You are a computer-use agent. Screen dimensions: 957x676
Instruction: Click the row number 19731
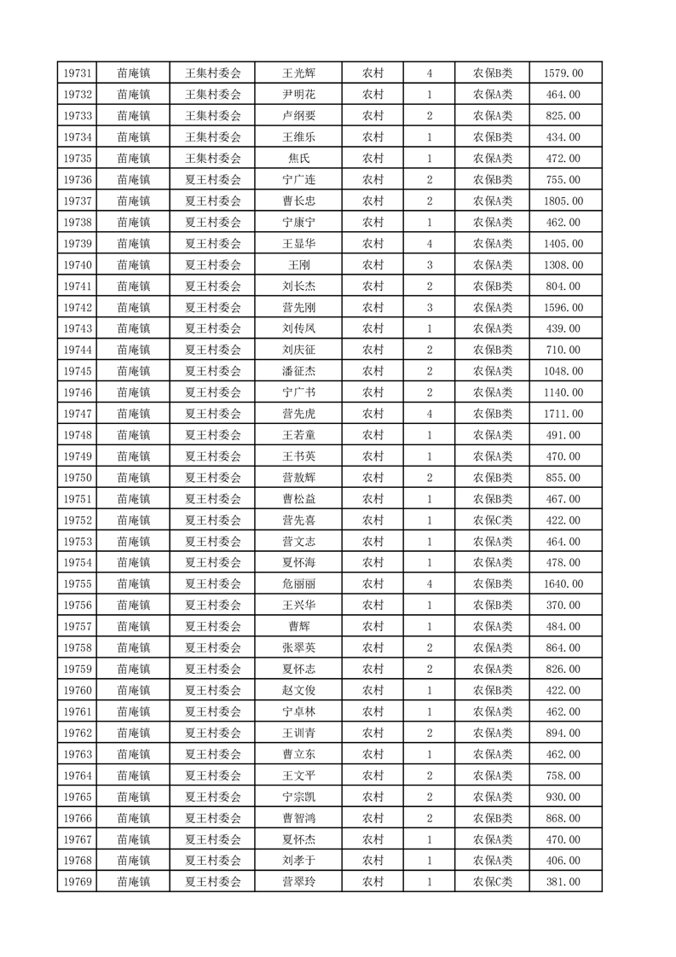[x=77, y=73]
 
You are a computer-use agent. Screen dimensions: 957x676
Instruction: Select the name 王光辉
[x=298, y=73]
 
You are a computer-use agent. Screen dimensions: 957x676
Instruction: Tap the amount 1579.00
[x=563, y=73]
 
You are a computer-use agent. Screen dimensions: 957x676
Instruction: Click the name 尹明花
[x=298, y=95]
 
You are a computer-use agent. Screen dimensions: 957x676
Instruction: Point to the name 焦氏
[x=298, y=159]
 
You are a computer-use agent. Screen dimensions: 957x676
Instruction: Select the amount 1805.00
[x=563, y=201]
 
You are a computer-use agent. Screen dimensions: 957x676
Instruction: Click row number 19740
[x=77, y=265]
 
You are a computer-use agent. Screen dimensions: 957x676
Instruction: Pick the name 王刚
[x=298, y=265]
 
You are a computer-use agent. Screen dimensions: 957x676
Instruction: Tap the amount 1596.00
[x=563, y=308]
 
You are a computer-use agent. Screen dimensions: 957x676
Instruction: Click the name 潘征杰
[x=298, y=371]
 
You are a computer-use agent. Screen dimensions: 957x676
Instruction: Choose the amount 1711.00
[x=563, y=414]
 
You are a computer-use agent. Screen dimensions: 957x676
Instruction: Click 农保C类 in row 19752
[x=493, y=520]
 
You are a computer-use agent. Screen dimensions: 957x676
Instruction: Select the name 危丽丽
[x=298, y=584]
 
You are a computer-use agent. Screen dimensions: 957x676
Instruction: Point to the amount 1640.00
[x=563, y=584]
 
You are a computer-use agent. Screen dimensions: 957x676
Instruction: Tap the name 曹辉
[x=298, y=627]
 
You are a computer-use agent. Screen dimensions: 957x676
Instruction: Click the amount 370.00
[x=563, y=606]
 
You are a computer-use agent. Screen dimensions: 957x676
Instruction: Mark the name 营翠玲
[x=298, y=882]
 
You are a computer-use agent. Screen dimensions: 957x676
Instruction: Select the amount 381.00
[x=563, y=882]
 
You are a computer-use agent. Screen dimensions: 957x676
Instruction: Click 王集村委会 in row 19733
[x=213, y=116]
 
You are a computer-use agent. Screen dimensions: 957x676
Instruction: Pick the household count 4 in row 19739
[x=429, y=244]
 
